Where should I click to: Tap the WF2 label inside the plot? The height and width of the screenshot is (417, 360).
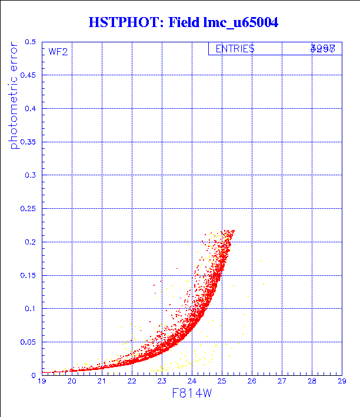(58, 52)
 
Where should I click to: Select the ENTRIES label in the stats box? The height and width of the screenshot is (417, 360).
(235, 49)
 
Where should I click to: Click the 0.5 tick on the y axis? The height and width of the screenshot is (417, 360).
(31, 42)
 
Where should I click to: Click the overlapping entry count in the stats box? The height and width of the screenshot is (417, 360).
(323, 49)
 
